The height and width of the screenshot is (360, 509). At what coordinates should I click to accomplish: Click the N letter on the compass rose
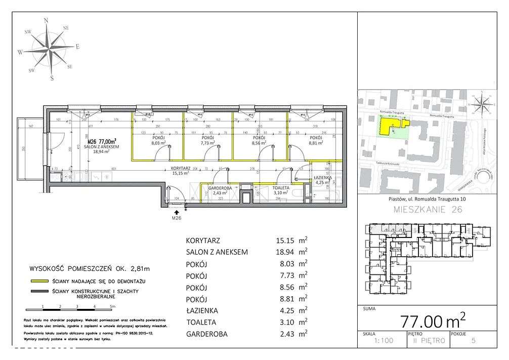tap(47, 20)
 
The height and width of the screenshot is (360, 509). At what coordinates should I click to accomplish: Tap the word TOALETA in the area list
tap(202, 322)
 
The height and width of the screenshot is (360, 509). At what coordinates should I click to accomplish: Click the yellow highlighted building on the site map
tap(391, 125)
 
